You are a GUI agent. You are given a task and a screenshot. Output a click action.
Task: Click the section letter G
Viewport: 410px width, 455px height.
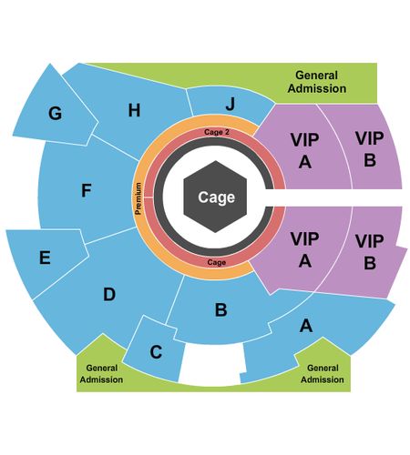pos(56,114)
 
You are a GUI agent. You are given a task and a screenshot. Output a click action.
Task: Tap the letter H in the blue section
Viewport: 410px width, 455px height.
pos(134,110)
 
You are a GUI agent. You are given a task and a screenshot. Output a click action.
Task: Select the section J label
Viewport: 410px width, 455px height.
pos(231,105)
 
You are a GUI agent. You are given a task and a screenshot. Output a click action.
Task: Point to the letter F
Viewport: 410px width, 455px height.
pos(87,190)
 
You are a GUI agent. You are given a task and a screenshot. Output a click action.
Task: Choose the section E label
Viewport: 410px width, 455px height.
pos(45,258)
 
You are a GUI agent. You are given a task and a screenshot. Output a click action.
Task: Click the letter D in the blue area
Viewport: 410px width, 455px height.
pos(109,294)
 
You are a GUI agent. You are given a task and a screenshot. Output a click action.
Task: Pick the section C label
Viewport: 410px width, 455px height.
pos(156,352)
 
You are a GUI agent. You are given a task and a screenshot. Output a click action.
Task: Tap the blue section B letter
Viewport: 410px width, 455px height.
pos(221,309)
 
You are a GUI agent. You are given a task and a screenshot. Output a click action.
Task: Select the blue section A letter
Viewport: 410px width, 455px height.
pos(306,326)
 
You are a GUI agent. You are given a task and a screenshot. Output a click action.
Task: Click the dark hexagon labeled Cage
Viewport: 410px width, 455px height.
pos(215,197)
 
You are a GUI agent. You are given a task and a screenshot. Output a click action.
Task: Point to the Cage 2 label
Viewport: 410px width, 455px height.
pos(217,132)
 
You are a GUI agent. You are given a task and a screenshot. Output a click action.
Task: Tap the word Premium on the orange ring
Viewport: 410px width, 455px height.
pos(138,198)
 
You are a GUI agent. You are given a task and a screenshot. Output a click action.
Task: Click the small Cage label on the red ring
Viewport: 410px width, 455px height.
pos(217,262)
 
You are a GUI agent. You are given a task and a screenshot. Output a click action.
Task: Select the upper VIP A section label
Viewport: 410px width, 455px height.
pos(305,151)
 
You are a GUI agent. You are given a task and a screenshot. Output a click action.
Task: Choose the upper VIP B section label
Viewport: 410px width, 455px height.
pos(370,149)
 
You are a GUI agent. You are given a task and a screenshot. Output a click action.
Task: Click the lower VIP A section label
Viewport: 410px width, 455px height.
pos(305,250)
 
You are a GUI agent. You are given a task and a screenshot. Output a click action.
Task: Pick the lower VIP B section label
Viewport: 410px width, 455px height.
pos(370,252)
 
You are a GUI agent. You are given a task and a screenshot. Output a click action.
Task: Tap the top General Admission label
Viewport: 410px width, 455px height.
pos(317,82)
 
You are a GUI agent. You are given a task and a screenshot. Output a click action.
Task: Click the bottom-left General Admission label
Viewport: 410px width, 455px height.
pos(101,374)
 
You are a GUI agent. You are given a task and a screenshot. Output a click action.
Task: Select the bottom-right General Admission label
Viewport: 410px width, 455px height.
pos(323,374)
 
